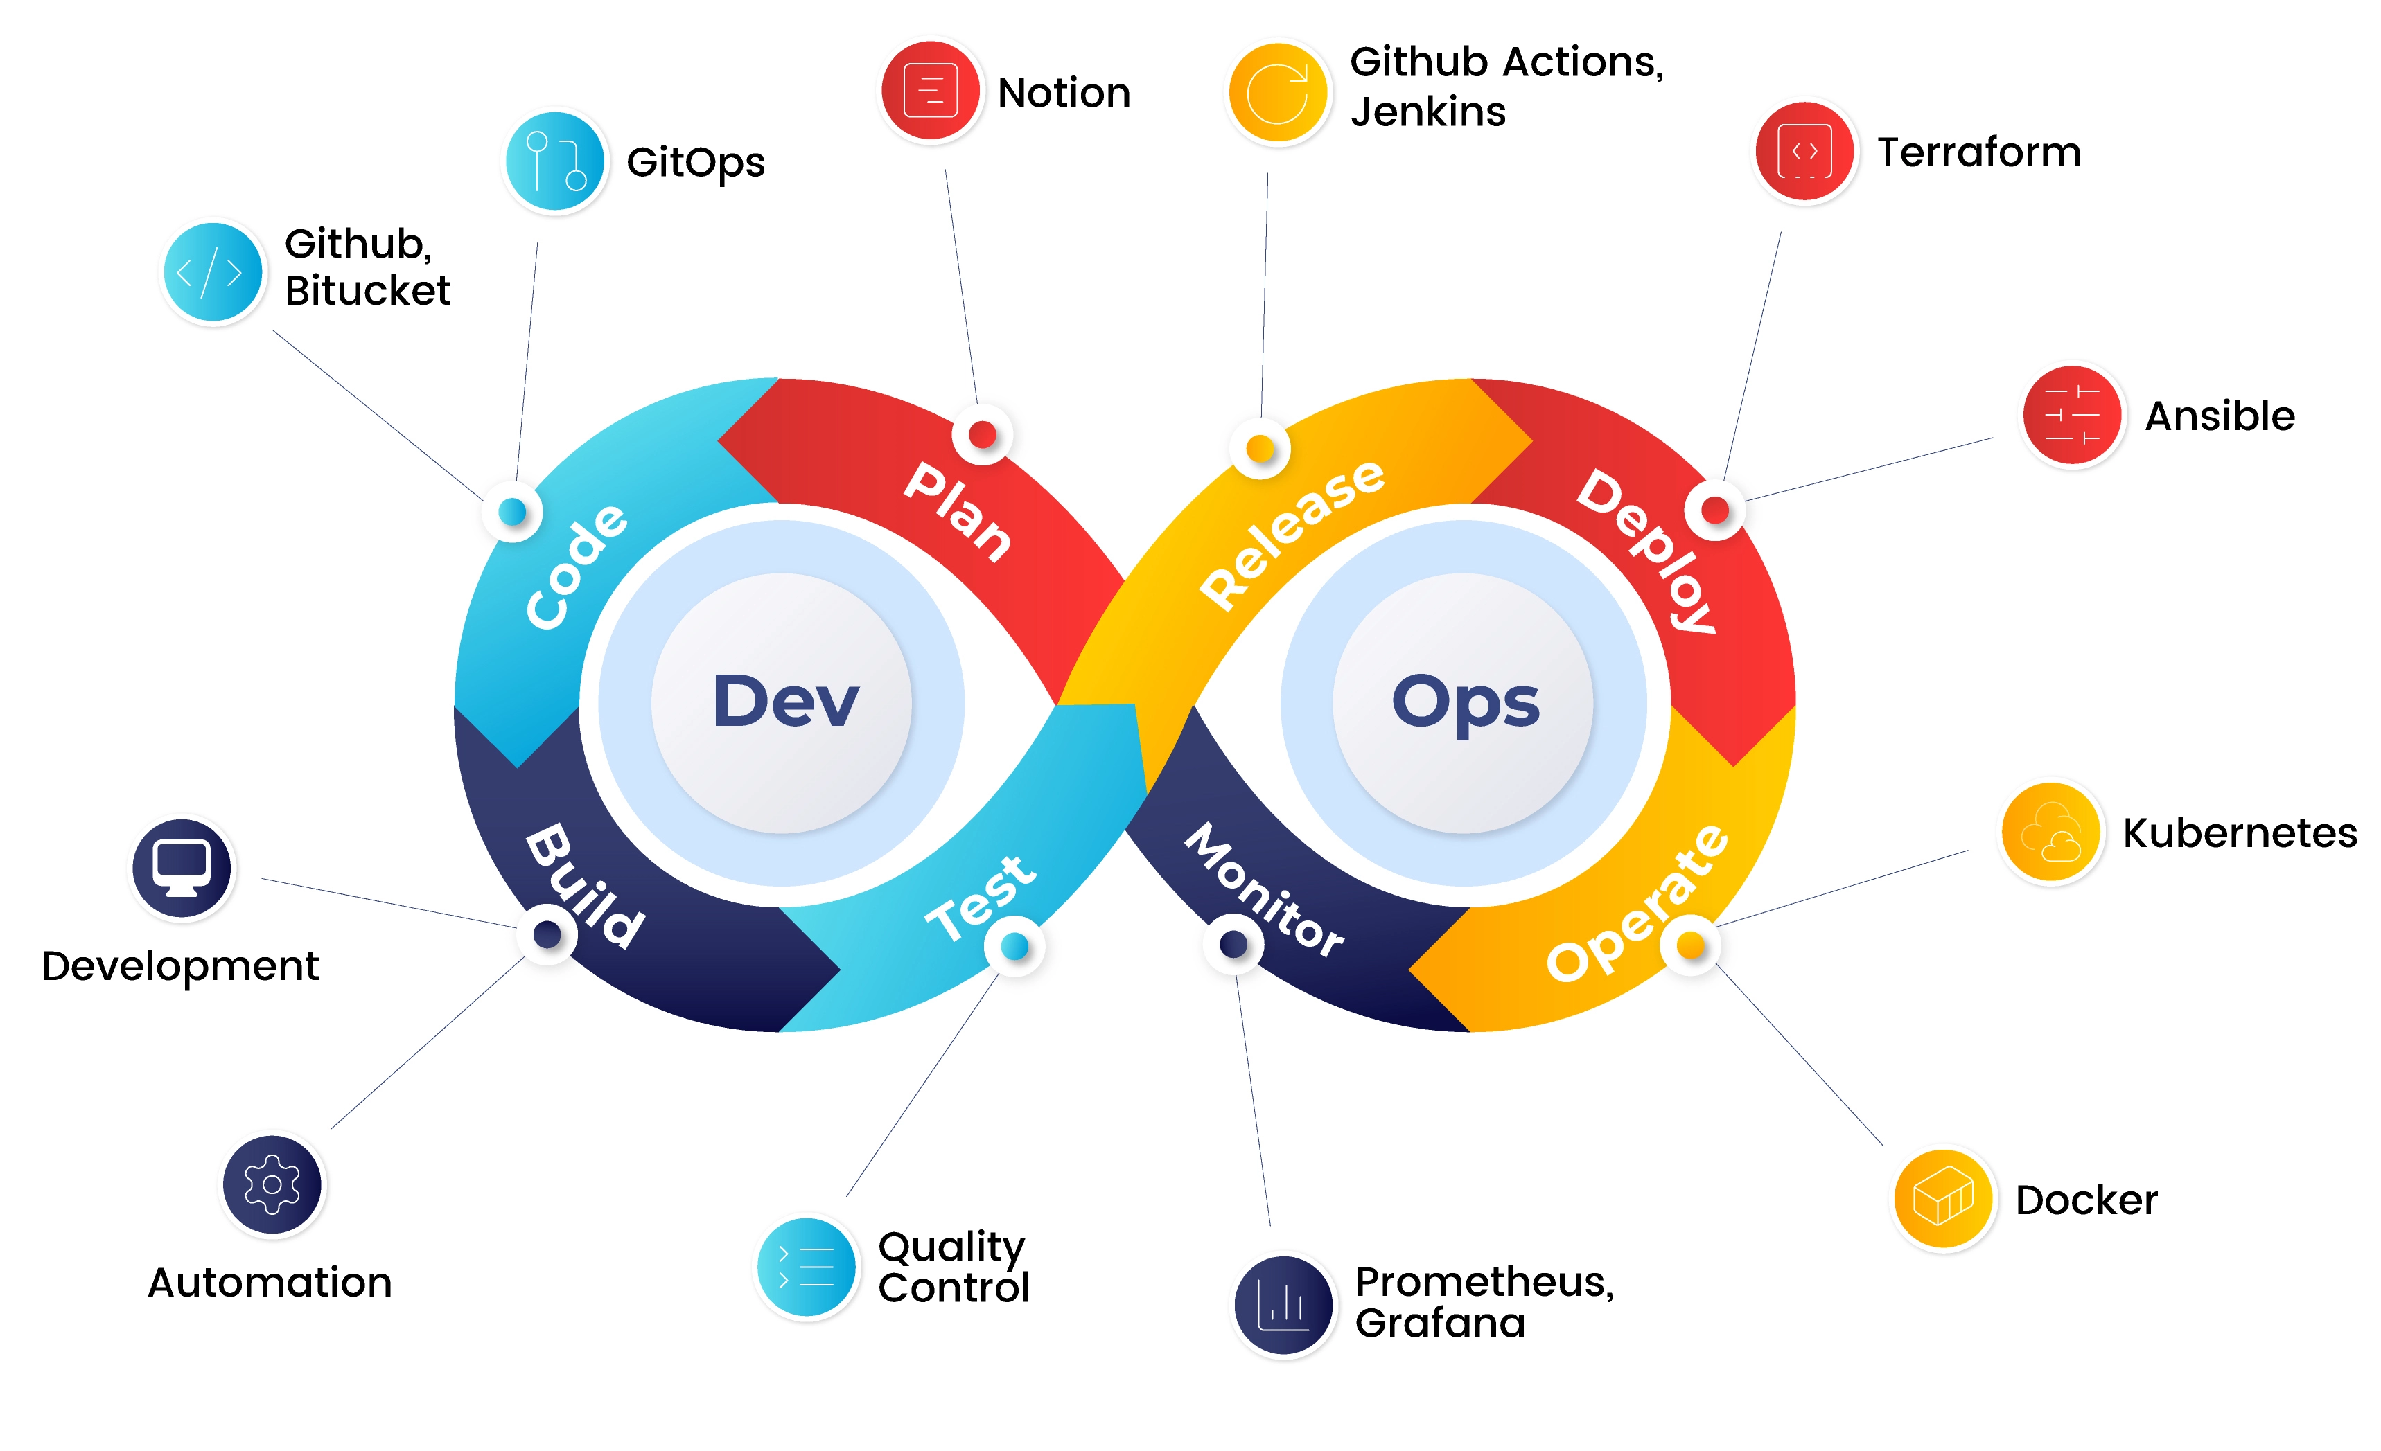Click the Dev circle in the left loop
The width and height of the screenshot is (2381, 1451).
784,702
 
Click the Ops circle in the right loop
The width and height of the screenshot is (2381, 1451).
1464,702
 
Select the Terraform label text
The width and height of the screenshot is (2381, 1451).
1978,152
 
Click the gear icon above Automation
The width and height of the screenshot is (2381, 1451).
272,1184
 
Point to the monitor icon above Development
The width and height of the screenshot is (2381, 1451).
182,868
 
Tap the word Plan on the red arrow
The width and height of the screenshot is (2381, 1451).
957,512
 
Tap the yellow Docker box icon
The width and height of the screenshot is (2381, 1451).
1942,1199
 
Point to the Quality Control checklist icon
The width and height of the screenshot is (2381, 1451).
806,1267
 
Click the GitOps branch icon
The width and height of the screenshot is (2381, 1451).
554,161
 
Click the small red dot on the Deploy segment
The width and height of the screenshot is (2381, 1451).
1714,509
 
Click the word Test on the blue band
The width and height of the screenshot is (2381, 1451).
980,898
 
